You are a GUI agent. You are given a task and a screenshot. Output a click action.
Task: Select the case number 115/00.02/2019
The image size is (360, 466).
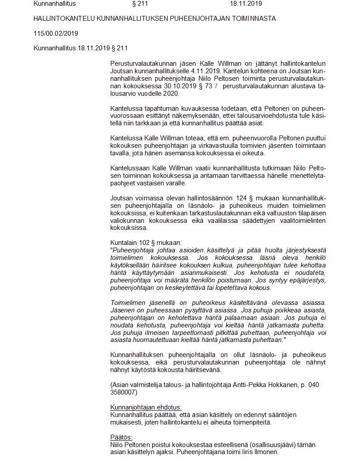(x=56, y=34)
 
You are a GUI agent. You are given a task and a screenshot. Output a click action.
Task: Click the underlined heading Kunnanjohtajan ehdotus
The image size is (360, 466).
(x=146, y=407)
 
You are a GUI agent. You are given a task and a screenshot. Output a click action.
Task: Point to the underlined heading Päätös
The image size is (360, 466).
(x=120, y=437)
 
